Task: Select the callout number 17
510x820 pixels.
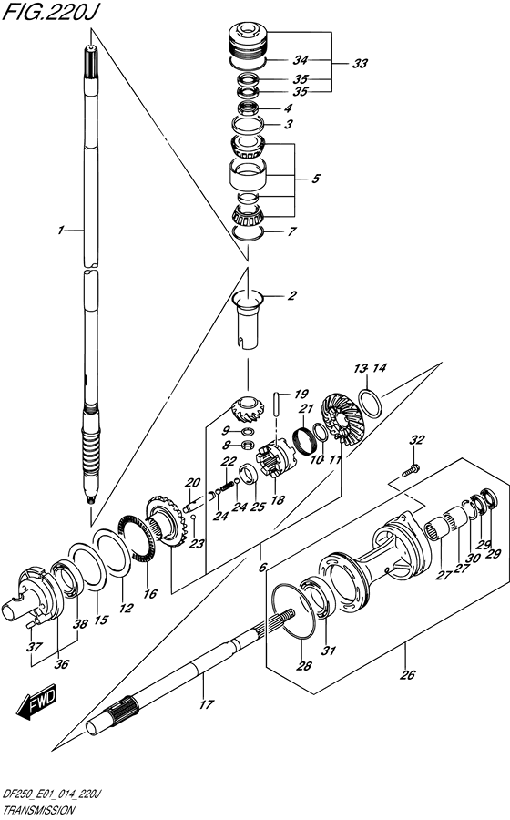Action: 207,704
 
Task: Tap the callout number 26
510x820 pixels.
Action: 407,674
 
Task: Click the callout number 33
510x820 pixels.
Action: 360,64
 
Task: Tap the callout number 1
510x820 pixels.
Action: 61,230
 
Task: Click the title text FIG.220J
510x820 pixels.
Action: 50,13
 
